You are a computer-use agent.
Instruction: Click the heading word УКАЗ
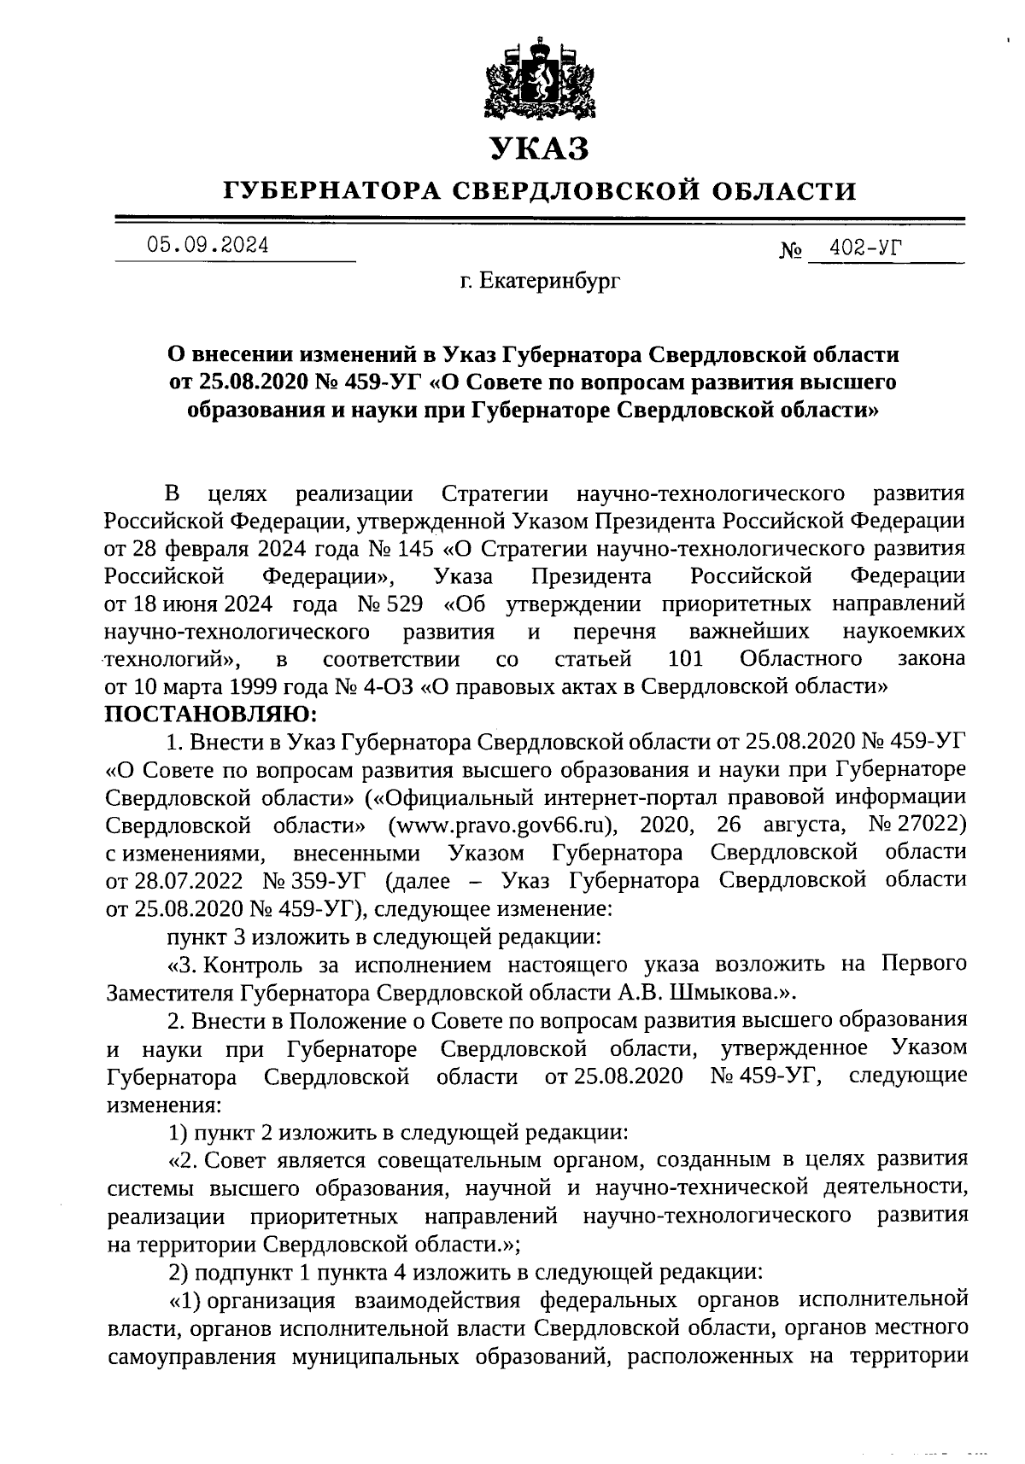point(538,149)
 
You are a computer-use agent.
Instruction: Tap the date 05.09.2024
point(208,246)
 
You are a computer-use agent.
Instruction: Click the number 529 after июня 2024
point(404,604)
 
